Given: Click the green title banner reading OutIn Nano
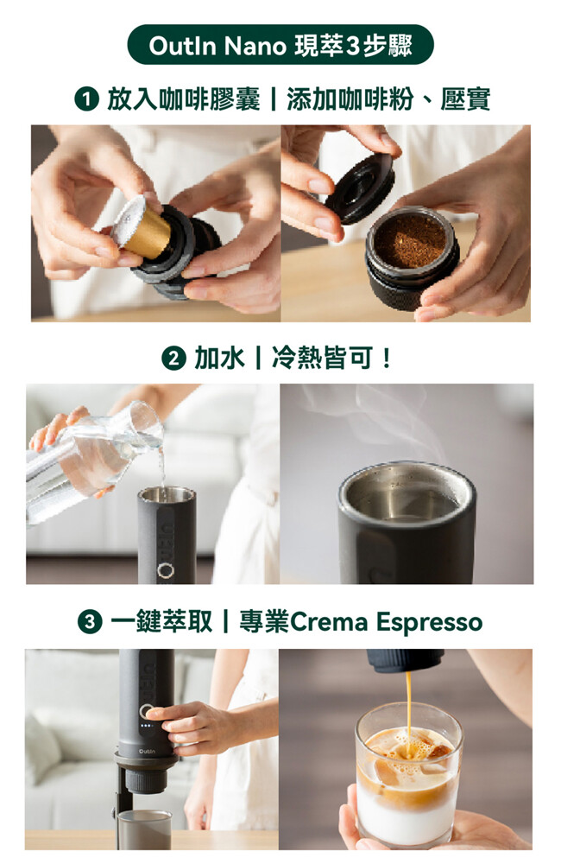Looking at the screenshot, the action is pos(280,45).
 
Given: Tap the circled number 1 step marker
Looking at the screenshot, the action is pos(86,99).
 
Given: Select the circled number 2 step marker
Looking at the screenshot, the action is pos(174,359).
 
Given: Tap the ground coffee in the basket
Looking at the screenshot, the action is pos(410,239).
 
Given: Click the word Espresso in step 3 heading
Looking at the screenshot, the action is pos(430,623).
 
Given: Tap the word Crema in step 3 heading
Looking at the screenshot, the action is pos(329,623).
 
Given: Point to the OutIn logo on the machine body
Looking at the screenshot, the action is pos(147,752).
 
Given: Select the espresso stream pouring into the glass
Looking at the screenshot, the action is pos(408,705).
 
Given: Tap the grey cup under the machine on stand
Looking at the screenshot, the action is pos(145,829).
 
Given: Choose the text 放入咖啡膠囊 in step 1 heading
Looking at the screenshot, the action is pos(183,99).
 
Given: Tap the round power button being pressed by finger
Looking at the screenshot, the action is pos(147,711).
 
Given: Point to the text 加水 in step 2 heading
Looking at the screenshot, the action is pos(219,359).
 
